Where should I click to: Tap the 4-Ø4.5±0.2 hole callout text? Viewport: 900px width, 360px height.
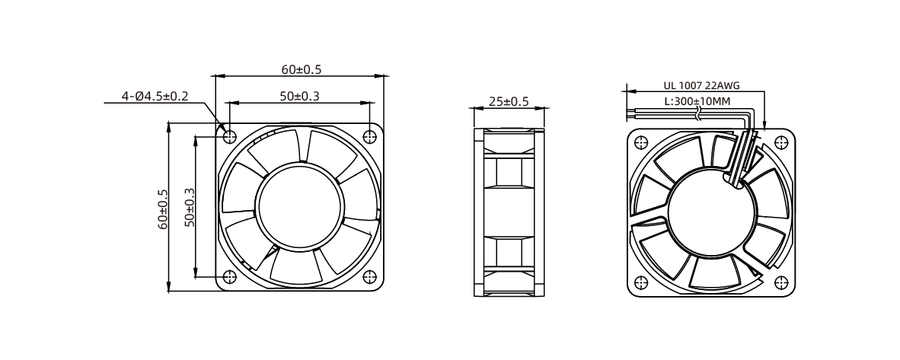[x=155, y=96]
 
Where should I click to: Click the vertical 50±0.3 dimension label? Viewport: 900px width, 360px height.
[x=190, y=206]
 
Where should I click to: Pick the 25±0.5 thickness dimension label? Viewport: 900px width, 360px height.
[x=508, y=101]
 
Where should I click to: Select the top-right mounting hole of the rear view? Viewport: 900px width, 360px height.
[x=780, y=142]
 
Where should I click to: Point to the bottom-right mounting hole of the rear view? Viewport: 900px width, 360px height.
[x=780, y=282]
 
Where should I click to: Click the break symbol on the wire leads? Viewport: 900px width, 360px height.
[x=697, y=113]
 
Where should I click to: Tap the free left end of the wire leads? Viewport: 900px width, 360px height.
[x=627, y=113]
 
